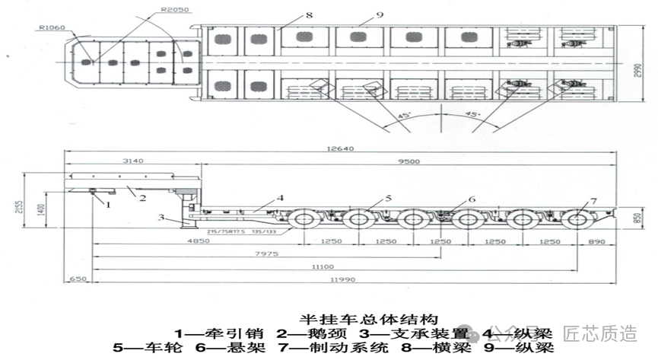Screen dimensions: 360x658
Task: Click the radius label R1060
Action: click(51, 27)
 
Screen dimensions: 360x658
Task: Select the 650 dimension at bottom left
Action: click(78, 279)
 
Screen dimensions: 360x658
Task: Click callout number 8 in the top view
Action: click(288, 14)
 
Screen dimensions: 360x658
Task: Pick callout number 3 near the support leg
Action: click(161, 218)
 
